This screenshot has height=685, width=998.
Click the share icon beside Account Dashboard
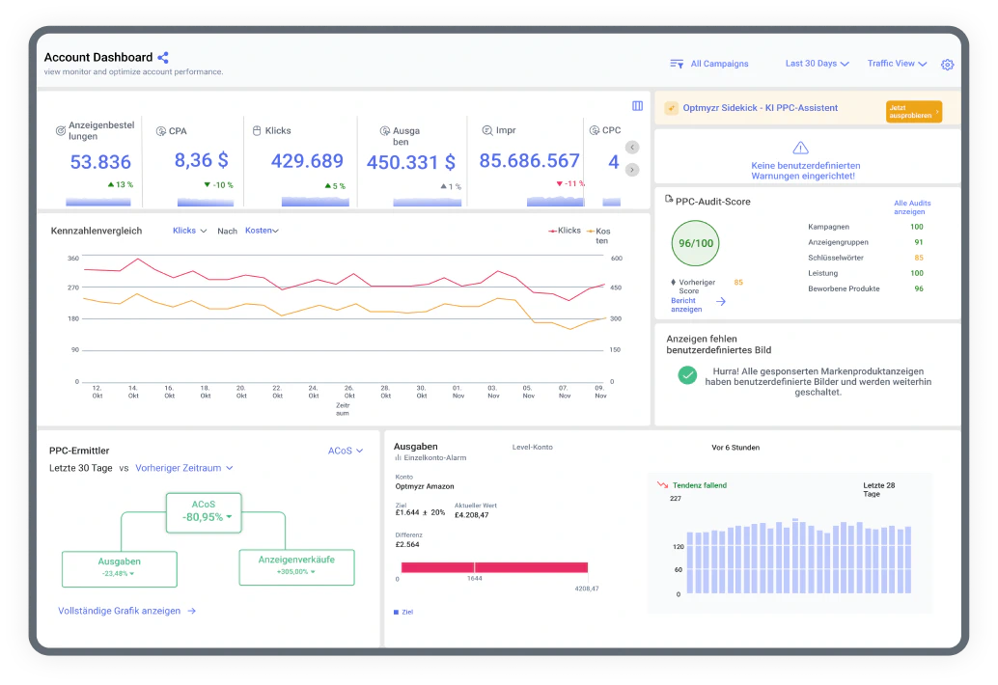point(163,57)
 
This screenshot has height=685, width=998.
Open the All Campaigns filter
point(709,64)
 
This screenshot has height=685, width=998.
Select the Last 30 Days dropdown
point(818,64)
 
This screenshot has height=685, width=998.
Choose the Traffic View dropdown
point(897,64)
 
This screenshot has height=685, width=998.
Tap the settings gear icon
point(947,65)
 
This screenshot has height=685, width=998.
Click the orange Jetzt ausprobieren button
point(913,111)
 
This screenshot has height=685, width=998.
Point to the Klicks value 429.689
point(307,161)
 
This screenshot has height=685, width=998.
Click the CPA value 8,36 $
point(201,160)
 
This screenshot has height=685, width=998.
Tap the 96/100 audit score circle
point(695,243)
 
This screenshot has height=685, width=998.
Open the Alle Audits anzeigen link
point(911,207)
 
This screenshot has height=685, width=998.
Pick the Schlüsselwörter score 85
point(919,258)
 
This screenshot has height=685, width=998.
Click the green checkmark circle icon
point(687,375)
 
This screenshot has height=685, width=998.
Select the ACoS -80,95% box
point(204,512)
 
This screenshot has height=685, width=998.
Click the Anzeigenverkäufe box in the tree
point(296,566)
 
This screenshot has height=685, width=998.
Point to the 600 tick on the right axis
point(616,259)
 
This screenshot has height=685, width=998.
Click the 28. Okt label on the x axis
point(386,391)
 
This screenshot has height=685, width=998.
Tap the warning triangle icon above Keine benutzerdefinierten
point(800,149)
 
